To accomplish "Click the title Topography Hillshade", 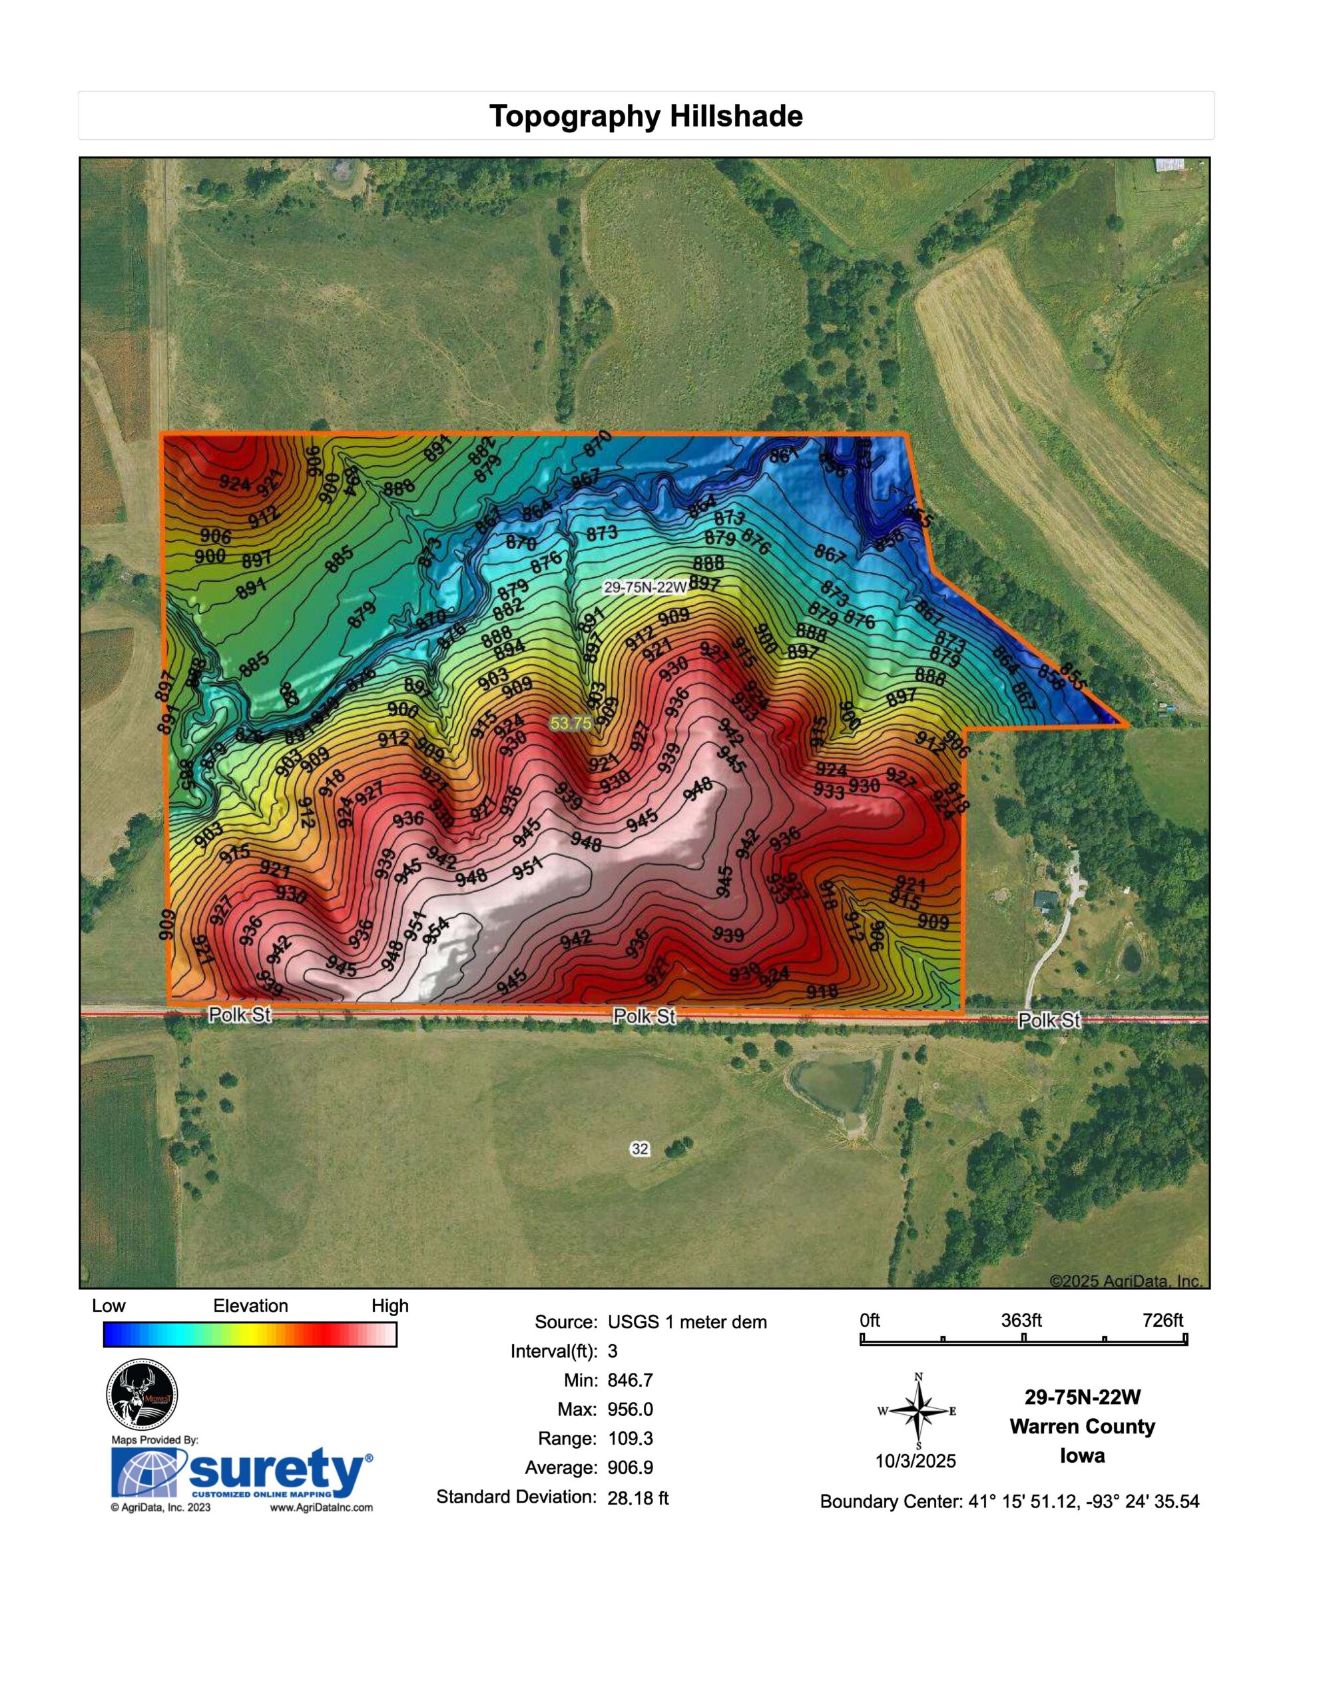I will click(x=646, y=117).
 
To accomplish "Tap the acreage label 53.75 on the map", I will click(x=571, y=723).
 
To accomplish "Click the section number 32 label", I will click(x=639, y=1148).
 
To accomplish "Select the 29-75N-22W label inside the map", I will click(x=645, y=587).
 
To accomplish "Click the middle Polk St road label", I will click(x=643, y=1016).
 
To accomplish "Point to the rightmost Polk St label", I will click(x=1049, y=1020).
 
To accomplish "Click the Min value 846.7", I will click(x=630, y=1380).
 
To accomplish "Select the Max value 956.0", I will click(x=630, y=1409).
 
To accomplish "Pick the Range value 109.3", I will click(x=630, y=1438).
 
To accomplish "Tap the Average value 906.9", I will click(x=630, y=1467).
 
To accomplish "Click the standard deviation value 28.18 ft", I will click(x=638, y=1497).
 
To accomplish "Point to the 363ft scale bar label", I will click(x=1021, y=1320).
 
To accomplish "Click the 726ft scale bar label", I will click(x=1163, y=1320).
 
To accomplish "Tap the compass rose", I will click(x=919, y=1411).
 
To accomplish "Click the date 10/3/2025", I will click(x=915, y=1461).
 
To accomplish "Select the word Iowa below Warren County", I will click(x=1082, y=1456).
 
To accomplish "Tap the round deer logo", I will click(x=141, y=1395).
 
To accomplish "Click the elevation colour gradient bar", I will click(x=250, y=1334).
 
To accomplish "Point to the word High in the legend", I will click(x=390, y=1306).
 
